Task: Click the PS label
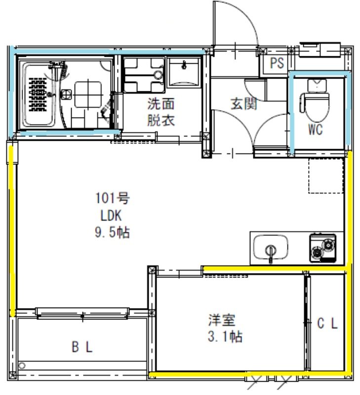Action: (277, 64)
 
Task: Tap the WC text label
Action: (315, 130)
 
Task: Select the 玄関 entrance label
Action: (244, 104)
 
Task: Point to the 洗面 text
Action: (161, 104)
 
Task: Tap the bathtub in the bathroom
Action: (39, 95)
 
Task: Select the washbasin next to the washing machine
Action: (184, 72)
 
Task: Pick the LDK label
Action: (112, 215)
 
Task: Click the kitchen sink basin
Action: (270, 247)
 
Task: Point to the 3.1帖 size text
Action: (224, 337)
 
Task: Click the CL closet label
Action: (327, 324)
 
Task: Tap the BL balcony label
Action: (82, 347)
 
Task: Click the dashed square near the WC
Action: (326, 176)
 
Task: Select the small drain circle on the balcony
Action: (22, 366)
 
